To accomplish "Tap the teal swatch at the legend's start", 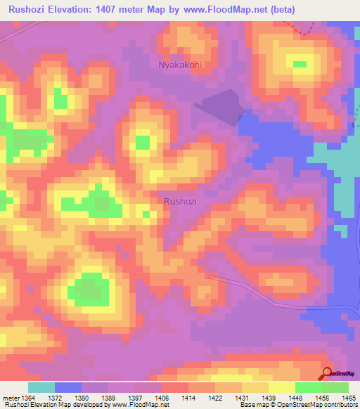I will [x=41, y=387].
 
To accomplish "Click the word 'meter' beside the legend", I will [x=11, y=396].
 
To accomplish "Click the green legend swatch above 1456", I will [x=309, y=387].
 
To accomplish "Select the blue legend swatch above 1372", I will [x=68, y=387].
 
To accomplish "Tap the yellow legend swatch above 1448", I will [x=282, y=387].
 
